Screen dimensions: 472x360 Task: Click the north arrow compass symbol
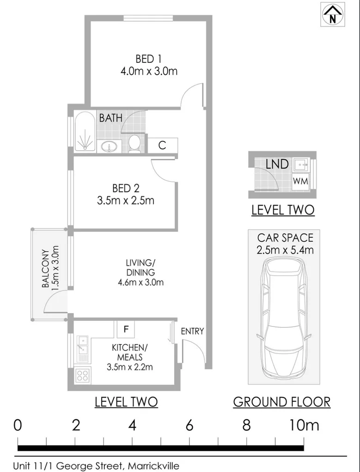pyautogui.click(x=333, y=14)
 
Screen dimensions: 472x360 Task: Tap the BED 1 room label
pyautogui.click(x=148, y=59)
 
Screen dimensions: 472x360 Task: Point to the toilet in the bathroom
pyautogui.click(x=134, y=143)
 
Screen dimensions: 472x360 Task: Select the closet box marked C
pyautogui.click(x=162, y=145)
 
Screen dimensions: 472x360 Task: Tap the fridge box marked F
pyautogui.click(x=125, y=330)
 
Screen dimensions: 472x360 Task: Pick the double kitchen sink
pyautogui.click(x=82, y=345)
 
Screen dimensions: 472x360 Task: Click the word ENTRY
pyautogui.click(x=192, y=331)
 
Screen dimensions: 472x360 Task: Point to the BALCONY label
pyautogui.click(x=45, y=269)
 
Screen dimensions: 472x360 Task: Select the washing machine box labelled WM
pyautogui.click(x=300, y=181)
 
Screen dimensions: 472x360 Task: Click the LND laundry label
pyautogui.click(x=277, y=164)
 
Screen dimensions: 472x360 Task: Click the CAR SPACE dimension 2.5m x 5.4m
pyautogui.click(x=286, y=250)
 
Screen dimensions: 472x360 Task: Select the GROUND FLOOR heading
pyautogui.click(x=281, y=402)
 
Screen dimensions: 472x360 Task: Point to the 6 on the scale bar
pyautogui.click(x=189, y=425)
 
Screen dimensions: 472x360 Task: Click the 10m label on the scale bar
pyautogui.click(x=304, y=425)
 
